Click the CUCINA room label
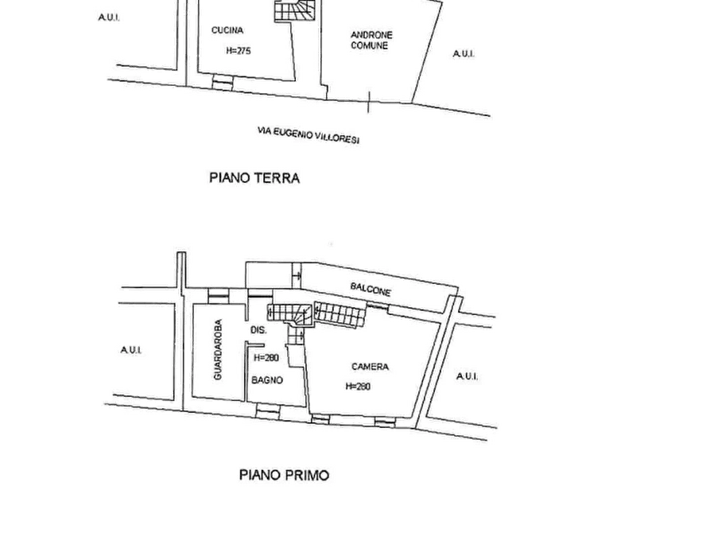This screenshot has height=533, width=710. [227, 30]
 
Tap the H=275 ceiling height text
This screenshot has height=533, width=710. [239, 51]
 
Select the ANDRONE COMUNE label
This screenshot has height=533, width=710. [371, 40]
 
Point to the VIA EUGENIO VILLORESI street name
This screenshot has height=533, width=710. [308, 135]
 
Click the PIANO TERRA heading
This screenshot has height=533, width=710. [254, 177]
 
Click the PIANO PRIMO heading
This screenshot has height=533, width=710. [284, 475]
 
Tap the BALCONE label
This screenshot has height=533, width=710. [371, 289]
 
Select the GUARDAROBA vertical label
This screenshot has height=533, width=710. [218, 349]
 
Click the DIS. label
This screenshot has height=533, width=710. [258, 330]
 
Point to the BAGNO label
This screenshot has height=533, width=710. [267, 380]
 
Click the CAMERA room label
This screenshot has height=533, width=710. [370, 366]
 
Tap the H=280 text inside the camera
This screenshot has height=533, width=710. [358, 386]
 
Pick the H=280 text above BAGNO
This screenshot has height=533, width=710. [266, 358]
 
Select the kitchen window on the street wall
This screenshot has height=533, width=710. [223, 82]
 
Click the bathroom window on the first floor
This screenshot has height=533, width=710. [268, 411]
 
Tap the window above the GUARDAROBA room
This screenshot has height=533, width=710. [219, 295]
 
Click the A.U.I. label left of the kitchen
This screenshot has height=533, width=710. [109, 18]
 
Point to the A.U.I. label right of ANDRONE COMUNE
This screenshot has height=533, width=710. [464, 54]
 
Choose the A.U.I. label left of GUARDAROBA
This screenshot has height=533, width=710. [131, 350]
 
